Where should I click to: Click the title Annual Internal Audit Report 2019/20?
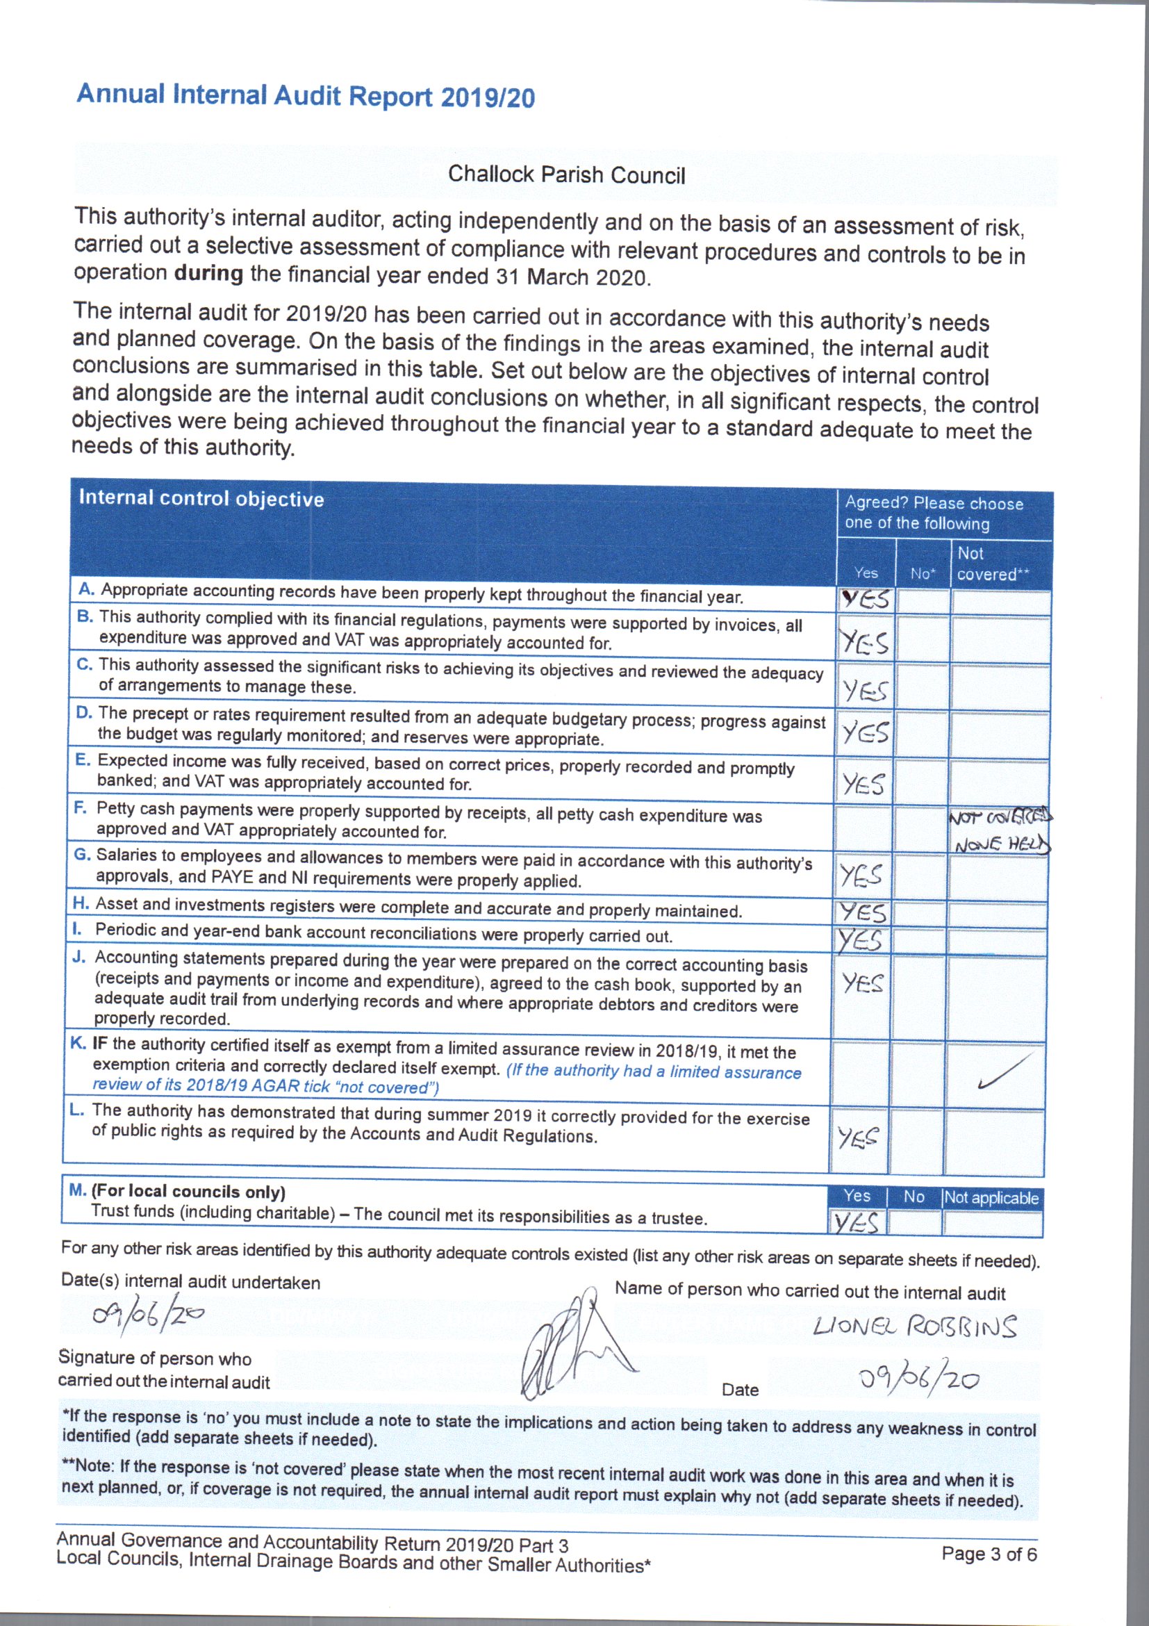coord(305,97)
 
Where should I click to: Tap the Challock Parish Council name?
coord(566,175)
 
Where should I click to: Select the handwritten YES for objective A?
coord(865,600)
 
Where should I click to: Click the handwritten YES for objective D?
coord(865,732)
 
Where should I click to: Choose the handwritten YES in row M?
coord(857,1222)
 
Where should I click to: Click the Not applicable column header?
coord(991,1198)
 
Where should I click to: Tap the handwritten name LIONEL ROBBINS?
coord(915,1326)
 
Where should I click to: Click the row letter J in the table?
coord(78,958)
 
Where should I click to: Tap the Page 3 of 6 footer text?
coord(989,1554)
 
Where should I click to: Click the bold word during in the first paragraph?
coord(208,272)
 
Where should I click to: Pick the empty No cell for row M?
coord(915,1222)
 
